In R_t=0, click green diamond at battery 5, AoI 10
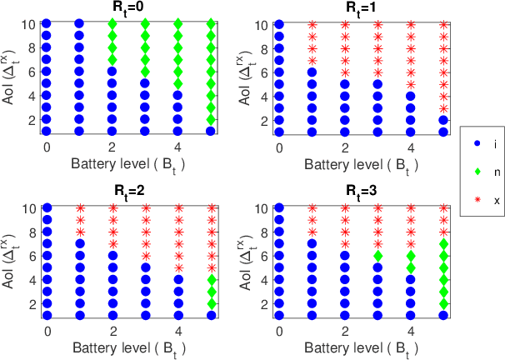pyautogui.click(x=211, y=24)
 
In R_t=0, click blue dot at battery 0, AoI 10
pyautogui.click(x=47, y=24)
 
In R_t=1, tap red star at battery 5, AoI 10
pyautogui.click(x=443, y=25)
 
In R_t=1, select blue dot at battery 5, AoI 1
pyautogui.click(x=443, y=132)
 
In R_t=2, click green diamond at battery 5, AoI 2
pyautogui.click(x=212, y=303)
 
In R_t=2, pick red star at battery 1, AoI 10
pyautogui.click(x=81, y=208)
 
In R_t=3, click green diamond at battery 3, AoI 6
pyautogui.click(x=377, y=256)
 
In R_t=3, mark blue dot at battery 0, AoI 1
pyautogui.click(x=279, y=315)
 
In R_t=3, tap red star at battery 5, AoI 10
pyautogui.click(x=443, y=208)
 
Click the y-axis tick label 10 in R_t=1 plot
pyautogui.click(x=260, y=25)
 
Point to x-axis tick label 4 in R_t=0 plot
pyautogui.click(x=177, y=147)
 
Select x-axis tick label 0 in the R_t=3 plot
pyautogui.click(x=279, y=331)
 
